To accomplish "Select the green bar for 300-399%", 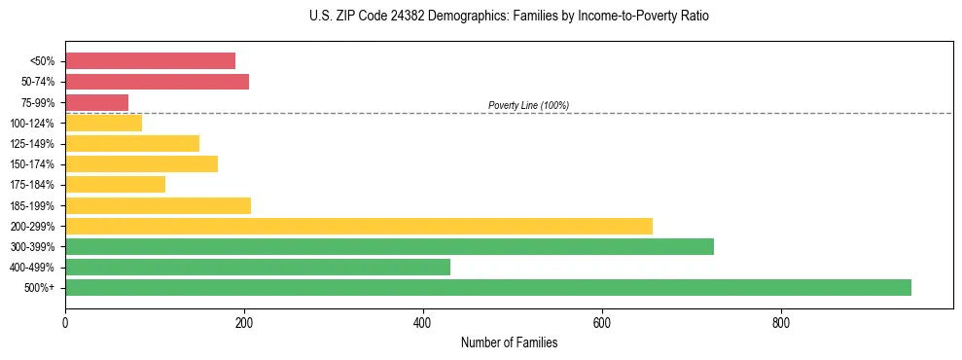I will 389,246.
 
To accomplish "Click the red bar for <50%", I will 150,60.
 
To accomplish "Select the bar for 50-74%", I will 157,81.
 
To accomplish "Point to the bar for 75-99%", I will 96,102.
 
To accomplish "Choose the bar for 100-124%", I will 103,123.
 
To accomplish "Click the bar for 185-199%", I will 158,205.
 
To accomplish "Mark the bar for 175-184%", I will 115,184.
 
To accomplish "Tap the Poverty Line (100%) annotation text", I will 528,105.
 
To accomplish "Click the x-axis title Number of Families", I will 509,342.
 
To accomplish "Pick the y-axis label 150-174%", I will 32,164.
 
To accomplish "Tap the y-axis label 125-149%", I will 32,143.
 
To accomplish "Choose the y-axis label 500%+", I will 39,288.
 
